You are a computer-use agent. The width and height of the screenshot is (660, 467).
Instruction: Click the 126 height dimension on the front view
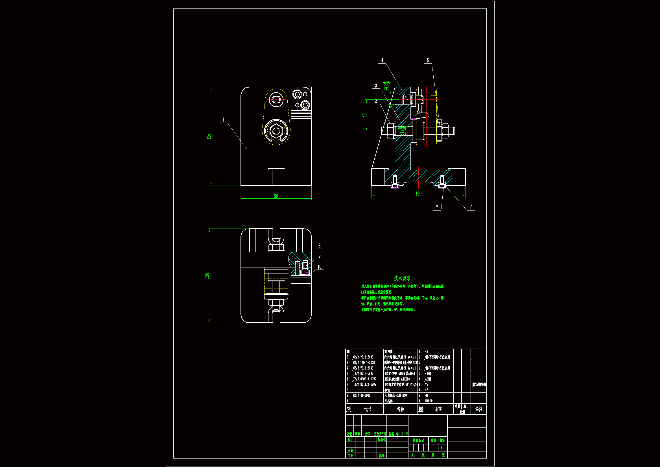pos(209,136)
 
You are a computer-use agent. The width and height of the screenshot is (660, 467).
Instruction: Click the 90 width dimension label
pos(276,196)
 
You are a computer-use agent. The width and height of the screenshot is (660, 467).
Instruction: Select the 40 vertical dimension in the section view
pos(364,115)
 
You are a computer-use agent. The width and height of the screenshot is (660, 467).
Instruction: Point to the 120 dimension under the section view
pos(418,194)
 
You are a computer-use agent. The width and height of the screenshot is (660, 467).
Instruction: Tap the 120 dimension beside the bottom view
pos(207,275)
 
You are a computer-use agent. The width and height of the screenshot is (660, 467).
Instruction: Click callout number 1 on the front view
pos(223,120)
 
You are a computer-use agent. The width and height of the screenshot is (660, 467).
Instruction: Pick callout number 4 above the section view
pos(382,60)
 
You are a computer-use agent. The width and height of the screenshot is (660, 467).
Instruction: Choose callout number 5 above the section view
pos(428,60)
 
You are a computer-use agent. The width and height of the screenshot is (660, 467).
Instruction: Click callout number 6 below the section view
pos(471,207)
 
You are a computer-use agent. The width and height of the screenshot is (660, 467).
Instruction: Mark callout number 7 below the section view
pos(437,207)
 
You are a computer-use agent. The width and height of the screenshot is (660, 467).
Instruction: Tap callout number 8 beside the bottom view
pos(319,246)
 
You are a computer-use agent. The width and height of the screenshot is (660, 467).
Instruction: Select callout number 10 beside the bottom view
pos(319,267)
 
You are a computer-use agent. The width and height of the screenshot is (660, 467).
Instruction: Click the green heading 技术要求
pos(402,278)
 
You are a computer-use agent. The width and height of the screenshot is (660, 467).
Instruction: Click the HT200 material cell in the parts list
pos(429,401)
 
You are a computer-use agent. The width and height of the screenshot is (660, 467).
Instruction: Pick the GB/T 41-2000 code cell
pos(362,396)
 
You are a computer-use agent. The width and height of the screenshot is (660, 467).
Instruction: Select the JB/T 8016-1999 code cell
pos(363,373)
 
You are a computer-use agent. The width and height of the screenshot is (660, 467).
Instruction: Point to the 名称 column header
pos(400,409)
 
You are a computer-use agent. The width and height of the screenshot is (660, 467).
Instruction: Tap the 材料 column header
pos(438,409)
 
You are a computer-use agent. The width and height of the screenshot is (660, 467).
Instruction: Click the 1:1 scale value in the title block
pos(443,448)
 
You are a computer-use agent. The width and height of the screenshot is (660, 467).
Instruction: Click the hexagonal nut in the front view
pos(276,131)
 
